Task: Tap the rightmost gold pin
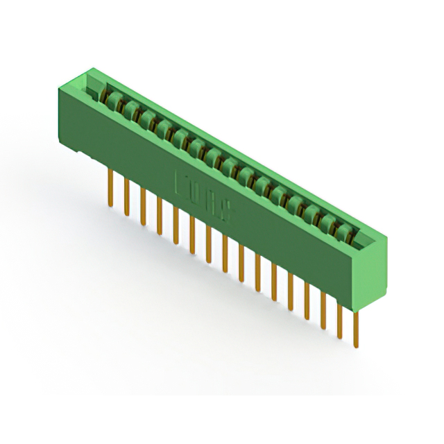pyautogui.click(x=355, y=329)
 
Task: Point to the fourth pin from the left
pyautogui.click(x=159, y=214)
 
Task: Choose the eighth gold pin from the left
pyautogui.click(x=225, y=253)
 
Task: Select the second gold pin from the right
pyautogui.click(x=339, y=320)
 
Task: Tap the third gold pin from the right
pyautogui.click(x=323, y=310)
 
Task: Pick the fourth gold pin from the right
pyautogui.click(x=306, y=300)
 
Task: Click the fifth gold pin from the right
pyautogui.click(x=290, y=291)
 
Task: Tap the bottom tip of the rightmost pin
pyautogui.click(x=356, y=345)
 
